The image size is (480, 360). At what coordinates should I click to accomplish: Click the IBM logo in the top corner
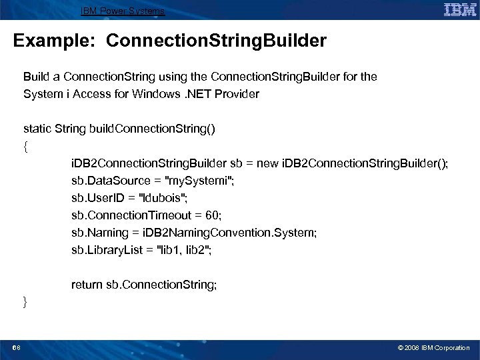459,10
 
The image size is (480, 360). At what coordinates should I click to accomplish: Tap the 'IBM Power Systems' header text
123,11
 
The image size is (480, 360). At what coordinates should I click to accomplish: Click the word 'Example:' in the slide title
56,41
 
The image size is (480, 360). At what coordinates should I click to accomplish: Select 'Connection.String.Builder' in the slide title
216,41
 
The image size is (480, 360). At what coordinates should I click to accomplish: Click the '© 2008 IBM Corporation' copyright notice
433,347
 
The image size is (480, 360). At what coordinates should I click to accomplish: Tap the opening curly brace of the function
25,146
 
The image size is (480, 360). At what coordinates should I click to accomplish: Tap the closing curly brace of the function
25,302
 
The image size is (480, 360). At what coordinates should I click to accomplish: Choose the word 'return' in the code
87,285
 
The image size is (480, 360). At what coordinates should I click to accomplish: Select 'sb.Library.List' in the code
104,250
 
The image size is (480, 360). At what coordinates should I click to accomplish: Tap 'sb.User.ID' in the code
97,198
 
